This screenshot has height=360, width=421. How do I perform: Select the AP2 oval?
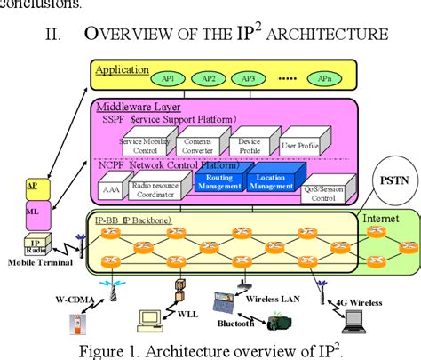[209, 78]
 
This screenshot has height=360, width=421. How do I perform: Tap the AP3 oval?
[248, 78]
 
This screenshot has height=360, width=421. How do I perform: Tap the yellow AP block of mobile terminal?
[33, 186]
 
